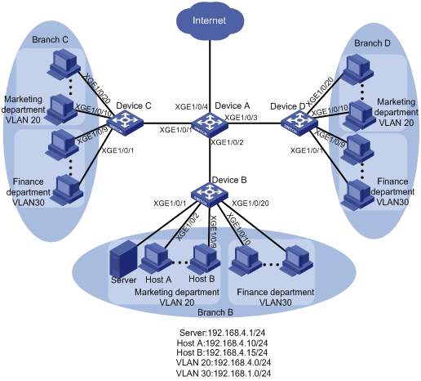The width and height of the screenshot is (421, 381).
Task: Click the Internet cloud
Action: tap(210, 20)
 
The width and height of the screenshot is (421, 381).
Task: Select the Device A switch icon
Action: tap(210, 124)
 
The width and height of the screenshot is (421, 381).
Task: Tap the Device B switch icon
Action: tap(210, 195)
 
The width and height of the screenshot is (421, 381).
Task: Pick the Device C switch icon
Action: tap(125, 123)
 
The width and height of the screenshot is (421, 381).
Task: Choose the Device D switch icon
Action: tap(299, 123)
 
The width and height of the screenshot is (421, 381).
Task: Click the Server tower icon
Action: tap(123, 259)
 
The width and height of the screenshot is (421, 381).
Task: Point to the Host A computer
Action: tap(155, 258)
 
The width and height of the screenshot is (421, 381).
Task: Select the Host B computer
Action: tap(205, 258)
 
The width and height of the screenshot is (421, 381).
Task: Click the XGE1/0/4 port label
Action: tap(191, 107)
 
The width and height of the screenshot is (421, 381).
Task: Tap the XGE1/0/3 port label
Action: tap(241, 118)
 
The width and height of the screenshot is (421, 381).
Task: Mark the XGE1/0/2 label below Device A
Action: tap(227, 142)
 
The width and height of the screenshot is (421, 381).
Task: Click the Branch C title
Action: tap(50, 40)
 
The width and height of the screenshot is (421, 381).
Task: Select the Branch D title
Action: tap(372, 43)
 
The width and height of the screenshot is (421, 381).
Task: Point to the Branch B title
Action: tap(215, 312)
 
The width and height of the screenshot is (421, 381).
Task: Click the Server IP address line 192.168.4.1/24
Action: tap(222, 333)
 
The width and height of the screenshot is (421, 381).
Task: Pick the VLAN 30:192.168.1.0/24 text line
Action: tap(224, 373)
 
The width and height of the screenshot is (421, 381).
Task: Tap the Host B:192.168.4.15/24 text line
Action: tap(222, 352)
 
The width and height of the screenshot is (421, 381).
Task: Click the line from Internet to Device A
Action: tap(210, 76)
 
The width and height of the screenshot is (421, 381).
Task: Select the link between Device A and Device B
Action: tap(210, 159)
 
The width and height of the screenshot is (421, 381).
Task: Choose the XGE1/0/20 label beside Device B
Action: tap(250, 204)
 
